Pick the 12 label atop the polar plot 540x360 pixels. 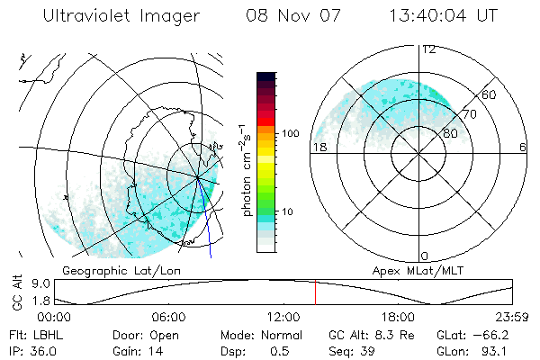pyautogui.click(x=429, y=49)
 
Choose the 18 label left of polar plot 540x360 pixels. pyautogui.click(x=318, y=147)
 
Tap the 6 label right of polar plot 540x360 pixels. pyautogui.click(x=522, y=147)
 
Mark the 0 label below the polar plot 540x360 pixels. pyautogui.click(x=426, y=256)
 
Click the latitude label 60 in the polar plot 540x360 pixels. pyautogui.click(x=489, y=94)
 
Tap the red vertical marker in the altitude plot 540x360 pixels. pyautogui.click(x=315, y=292)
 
